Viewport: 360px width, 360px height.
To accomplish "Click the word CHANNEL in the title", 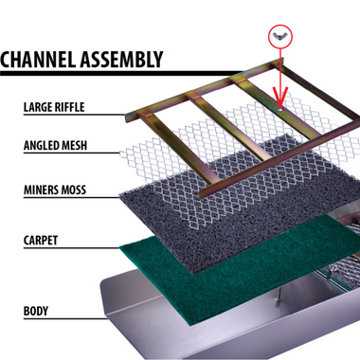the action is [x=39, y=60].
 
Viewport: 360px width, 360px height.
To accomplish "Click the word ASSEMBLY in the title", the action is [x=121, y=60].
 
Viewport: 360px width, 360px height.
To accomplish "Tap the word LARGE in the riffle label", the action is [x=38, y=107].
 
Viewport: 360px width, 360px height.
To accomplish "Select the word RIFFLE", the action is [x=69, y=107].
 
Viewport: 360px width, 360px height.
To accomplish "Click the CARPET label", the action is [x=41, y=241].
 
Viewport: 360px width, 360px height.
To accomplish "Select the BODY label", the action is [x=36, y=311].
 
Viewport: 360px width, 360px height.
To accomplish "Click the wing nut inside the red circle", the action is [x=280, y=36].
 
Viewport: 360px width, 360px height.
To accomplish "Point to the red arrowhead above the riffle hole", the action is [x=280, y=98].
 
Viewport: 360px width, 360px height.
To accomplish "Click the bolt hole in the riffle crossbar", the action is [x=280, y=110].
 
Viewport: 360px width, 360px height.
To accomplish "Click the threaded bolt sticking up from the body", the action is [x=278, y=297].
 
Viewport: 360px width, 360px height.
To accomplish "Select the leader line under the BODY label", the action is [x=65, y=318].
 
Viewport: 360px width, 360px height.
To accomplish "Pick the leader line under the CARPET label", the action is [x=72, y=248].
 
